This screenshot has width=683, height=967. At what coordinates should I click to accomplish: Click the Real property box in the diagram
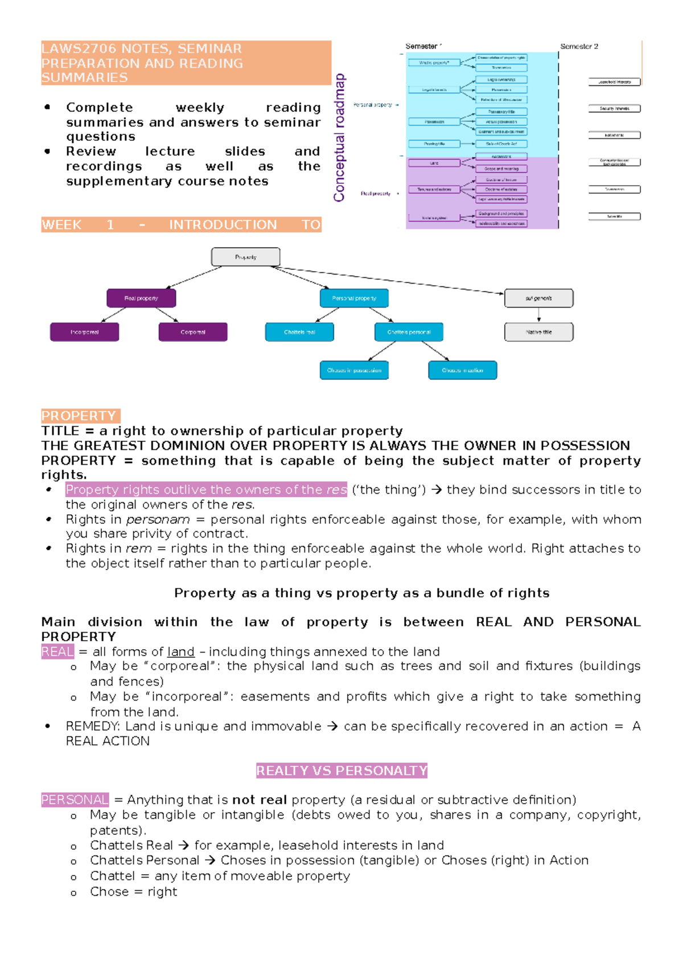pos(141,298)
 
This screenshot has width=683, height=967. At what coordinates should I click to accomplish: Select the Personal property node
pos(354,298)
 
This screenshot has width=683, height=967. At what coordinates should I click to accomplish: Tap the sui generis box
pos(538,298)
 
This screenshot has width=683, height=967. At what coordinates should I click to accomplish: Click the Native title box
pos(538,332)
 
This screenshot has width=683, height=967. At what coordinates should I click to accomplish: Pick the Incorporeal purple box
pos(84,332)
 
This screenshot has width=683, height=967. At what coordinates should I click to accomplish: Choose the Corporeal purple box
pos(193,332)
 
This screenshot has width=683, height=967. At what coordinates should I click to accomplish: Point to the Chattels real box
pos(299,332)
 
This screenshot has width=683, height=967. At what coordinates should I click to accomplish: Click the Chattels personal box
pos(409,332)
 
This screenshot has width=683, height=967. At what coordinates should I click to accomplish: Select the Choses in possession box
pos(354,370)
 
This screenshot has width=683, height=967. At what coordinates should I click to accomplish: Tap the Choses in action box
pos(462,370)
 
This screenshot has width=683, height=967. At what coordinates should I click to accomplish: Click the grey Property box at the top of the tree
pos(245,257)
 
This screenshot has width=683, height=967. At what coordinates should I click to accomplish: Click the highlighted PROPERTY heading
pos(80,416)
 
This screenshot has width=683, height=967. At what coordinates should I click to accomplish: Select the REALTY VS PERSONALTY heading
pos(341,771)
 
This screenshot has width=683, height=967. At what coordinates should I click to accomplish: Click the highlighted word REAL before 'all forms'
pos(57,652)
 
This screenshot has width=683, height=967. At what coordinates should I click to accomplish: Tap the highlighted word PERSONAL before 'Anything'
pos(75,800)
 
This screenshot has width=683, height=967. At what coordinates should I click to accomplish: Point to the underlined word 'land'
pos(180,652)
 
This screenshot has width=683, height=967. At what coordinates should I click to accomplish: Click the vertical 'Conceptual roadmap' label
pos(339,138)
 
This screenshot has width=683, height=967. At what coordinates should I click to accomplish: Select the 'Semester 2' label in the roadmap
pos(579,47)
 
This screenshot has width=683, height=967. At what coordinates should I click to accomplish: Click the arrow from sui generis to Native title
pos(538,315)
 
